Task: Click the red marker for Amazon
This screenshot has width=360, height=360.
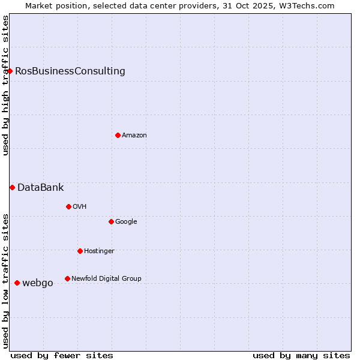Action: (118, 135)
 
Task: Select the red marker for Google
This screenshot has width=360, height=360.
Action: (111, 221)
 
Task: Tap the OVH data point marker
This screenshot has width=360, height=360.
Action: (68, 206)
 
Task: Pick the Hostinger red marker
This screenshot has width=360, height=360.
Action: (80, 251)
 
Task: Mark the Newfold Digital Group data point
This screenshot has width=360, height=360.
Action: (67, 278)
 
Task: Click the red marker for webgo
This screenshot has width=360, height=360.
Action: (17, 283)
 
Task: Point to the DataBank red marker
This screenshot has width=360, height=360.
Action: (12, 187)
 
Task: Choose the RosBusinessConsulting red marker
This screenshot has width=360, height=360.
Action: (10, 71)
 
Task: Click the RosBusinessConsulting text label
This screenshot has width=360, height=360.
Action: (70, 71)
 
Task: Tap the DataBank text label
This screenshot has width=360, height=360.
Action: (40, 187)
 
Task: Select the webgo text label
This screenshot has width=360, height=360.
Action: (37, 283)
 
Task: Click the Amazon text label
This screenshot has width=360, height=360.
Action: (134, 135)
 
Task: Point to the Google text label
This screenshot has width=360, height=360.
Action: (126, 221)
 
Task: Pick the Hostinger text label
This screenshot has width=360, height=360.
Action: (99, 251)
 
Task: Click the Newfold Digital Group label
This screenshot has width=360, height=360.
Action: (106, 278)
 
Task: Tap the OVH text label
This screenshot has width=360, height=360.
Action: (80, 206)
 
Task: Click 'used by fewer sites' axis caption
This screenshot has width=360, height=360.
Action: (62, 355)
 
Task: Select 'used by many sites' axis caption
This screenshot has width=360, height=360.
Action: (301, 355)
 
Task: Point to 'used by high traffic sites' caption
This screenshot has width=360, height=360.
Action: (5, 85)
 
